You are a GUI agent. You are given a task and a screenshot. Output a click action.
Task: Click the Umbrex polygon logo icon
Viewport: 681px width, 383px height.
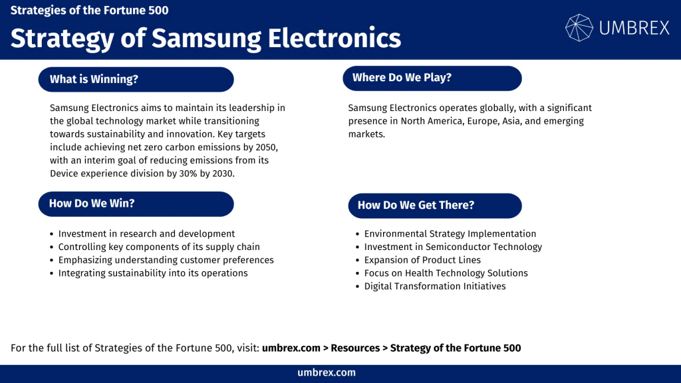point(579,28)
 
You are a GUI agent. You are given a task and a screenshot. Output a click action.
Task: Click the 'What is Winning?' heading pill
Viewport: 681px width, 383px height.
point(136,79)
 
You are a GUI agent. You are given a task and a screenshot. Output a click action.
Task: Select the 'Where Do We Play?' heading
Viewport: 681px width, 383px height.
point(432,78)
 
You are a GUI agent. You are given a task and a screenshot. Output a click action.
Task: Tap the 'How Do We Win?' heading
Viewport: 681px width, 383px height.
point(136,203)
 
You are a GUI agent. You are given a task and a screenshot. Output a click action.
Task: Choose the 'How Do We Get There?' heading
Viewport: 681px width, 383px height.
point(434,205)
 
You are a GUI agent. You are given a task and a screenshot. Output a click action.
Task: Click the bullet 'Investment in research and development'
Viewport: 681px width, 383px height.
point(146,234)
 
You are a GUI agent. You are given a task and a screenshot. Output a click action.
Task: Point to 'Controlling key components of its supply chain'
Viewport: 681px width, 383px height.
point(159,247)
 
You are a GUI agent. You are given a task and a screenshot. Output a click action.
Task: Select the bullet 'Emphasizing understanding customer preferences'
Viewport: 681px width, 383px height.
point(166,260)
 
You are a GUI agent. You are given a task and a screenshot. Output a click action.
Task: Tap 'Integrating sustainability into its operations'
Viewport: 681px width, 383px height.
point(153,273)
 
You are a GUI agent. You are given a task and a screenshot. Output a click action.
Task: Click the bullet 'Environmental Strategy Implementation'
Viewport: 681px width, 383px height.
point(450,234)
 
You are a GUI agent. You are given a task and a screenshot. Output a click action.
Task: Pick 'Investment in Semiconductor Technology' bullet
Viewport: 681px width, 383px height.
point(453,247)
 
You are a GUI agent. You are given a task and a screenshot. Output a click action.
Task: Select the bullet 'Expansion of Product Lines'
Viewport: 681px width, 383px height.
point(422,260)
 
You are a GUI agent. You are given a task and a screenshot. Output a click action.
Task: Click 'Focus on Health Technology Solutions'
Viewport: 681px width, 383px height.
point(446,273)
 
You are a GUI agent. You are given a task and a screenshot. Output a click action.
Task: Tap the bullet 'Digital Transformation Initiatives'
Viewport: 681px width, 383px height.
point(435,287)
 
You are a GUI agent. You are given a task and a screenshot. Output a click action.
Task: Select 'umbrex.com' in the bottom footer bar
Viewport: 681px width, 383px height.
point(327,373)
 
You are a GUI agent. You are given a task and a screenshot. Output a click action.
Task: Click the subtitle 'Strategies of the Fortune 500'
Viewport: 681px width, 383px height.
point(89,11)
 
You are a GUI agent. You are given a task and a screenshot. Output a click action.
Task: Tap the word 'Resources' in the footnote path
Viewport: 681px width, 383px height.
point(355,348)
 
